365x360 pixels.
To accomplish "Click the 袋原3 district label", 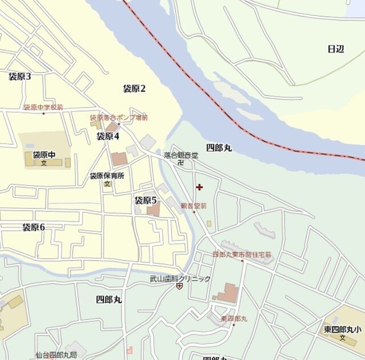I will click(19, 77).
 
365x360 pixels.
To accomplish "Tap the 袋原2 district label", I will click(135, 88).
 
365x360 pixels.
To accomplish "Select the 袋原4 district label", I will click(107, 136).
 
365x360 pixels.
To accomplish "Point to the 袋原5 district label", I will click(145, 200).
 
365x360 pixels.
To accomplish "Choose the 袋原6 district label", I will click(34, 227).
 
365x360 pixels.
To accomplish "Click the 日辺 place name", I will click(336, 49).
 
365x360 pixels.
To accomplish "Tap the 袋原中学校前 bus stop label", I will click(43, 107).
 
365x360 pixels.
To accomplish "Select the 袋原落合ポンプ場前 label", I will click(119, 118).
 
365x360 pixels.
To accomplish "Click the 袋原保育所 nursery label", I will click(107, 176).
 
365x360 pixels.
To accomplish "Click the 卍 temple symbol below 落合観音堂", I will click(180, 163).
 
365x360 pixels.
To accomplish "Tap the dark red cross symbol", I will click(199, 187).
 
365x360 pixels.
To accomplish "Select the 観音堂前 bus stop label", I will click(193, 206).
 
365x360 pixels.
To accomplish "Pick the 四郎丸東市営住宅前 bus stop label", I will click(242, 254).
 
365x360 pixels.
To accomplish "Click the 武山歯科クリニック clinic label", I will click(180, 279).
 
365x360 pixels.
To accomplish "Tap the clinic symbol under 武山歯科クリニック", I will click(180, 286).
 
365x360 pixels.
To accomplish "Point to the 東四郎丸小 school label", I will click(342, 329).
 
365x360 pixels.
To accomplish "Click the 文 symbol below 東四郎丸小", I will click(343, 338).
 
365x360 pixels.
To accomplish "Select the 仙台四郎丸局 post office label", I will click(55, 354).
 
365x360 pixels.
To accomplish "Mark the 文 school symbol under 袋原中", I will click(43, 163).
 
